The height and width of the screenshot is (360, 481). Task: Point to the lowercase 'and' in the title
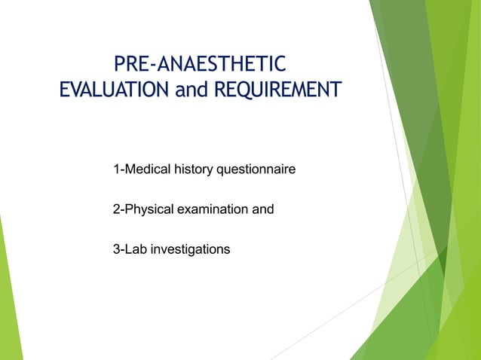[x=191, y=90]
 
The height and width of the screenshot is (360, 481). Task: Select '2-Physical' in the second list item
[x=144, y=209]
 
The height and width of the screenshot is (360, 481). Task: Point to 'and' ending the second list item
[x=262, y=209]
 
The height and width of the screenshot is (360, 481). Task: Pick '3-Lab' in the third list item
[x=130, y=249]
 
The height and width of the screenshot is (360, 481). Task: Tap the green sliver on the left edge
[x=8, y=301]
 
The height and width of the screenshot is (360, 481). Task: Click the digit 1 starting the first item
[x=116, y=169]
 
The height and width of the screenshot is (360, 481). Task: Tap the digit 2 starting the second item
[x=116, y=209]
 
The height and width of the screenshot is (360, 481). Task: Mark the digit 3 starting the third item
[x=116, y=249]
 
